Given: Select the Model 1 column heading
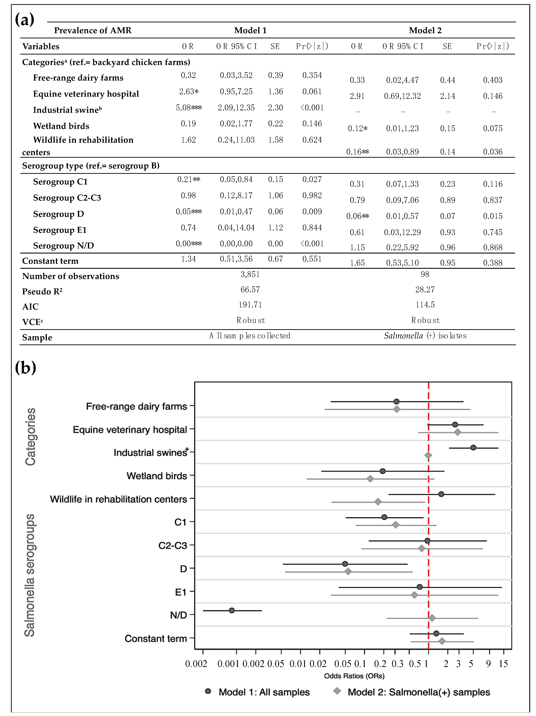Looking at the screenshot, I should click(250, 30).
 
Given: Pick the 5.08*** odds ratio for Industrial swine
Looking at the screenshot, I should click(189, 107).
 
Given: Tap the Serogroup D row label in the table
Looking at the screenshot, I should click(59, 214).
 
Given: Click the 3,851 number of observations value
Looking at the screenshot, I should click(250, 274).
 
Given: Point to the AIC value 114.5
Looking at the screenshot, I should click(425, 305).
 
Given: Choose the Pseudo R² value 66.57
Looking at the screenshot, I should click(250, 289).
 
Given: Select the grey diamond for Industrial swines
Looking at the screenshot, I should click(428, 455).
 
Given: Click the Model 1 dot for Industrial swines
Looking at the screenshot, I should click(473, 448).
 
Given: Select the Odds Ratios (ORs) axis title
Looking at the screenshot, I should click(354, 676).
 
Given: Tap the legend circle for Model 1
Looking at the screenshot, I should click(208, 691).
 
